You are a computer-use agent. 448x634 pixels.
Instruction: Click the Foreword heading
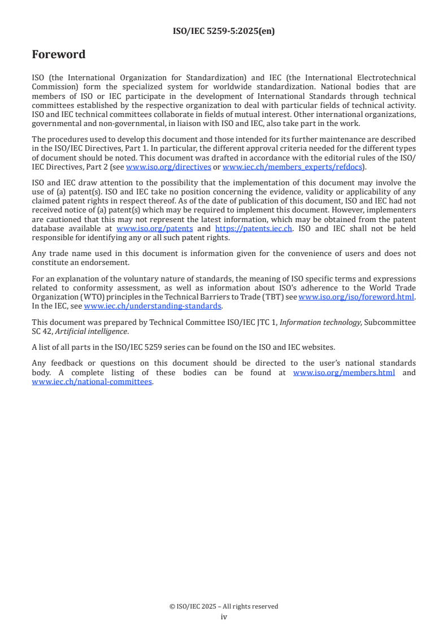click(x=59, y=55)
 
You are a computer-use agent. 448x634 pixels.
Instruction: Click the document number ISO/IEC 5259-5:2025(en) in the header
click(x=224, y=32)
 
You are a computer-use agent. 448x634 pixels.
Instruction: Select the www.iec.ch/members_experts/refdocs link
click(x=292, y=167)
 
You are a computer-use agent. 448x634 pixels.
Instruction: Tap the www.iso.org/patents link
click(x=155, y=228)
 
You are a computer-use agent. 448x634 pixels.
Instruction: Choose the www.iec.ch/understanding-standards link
click(x=153, y=306)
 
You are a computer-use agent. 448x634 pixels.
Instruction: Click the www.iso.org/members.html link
click(x=344, y=372)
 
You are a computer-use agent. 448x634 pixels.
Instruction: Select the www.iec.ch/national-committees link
click(x=92, y=381)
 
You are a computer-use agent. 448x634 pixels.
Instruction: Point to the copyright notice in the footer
click(x=224, y=606)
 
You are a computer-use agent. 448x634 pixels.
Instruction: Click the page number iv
click(x=224, y=617)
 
